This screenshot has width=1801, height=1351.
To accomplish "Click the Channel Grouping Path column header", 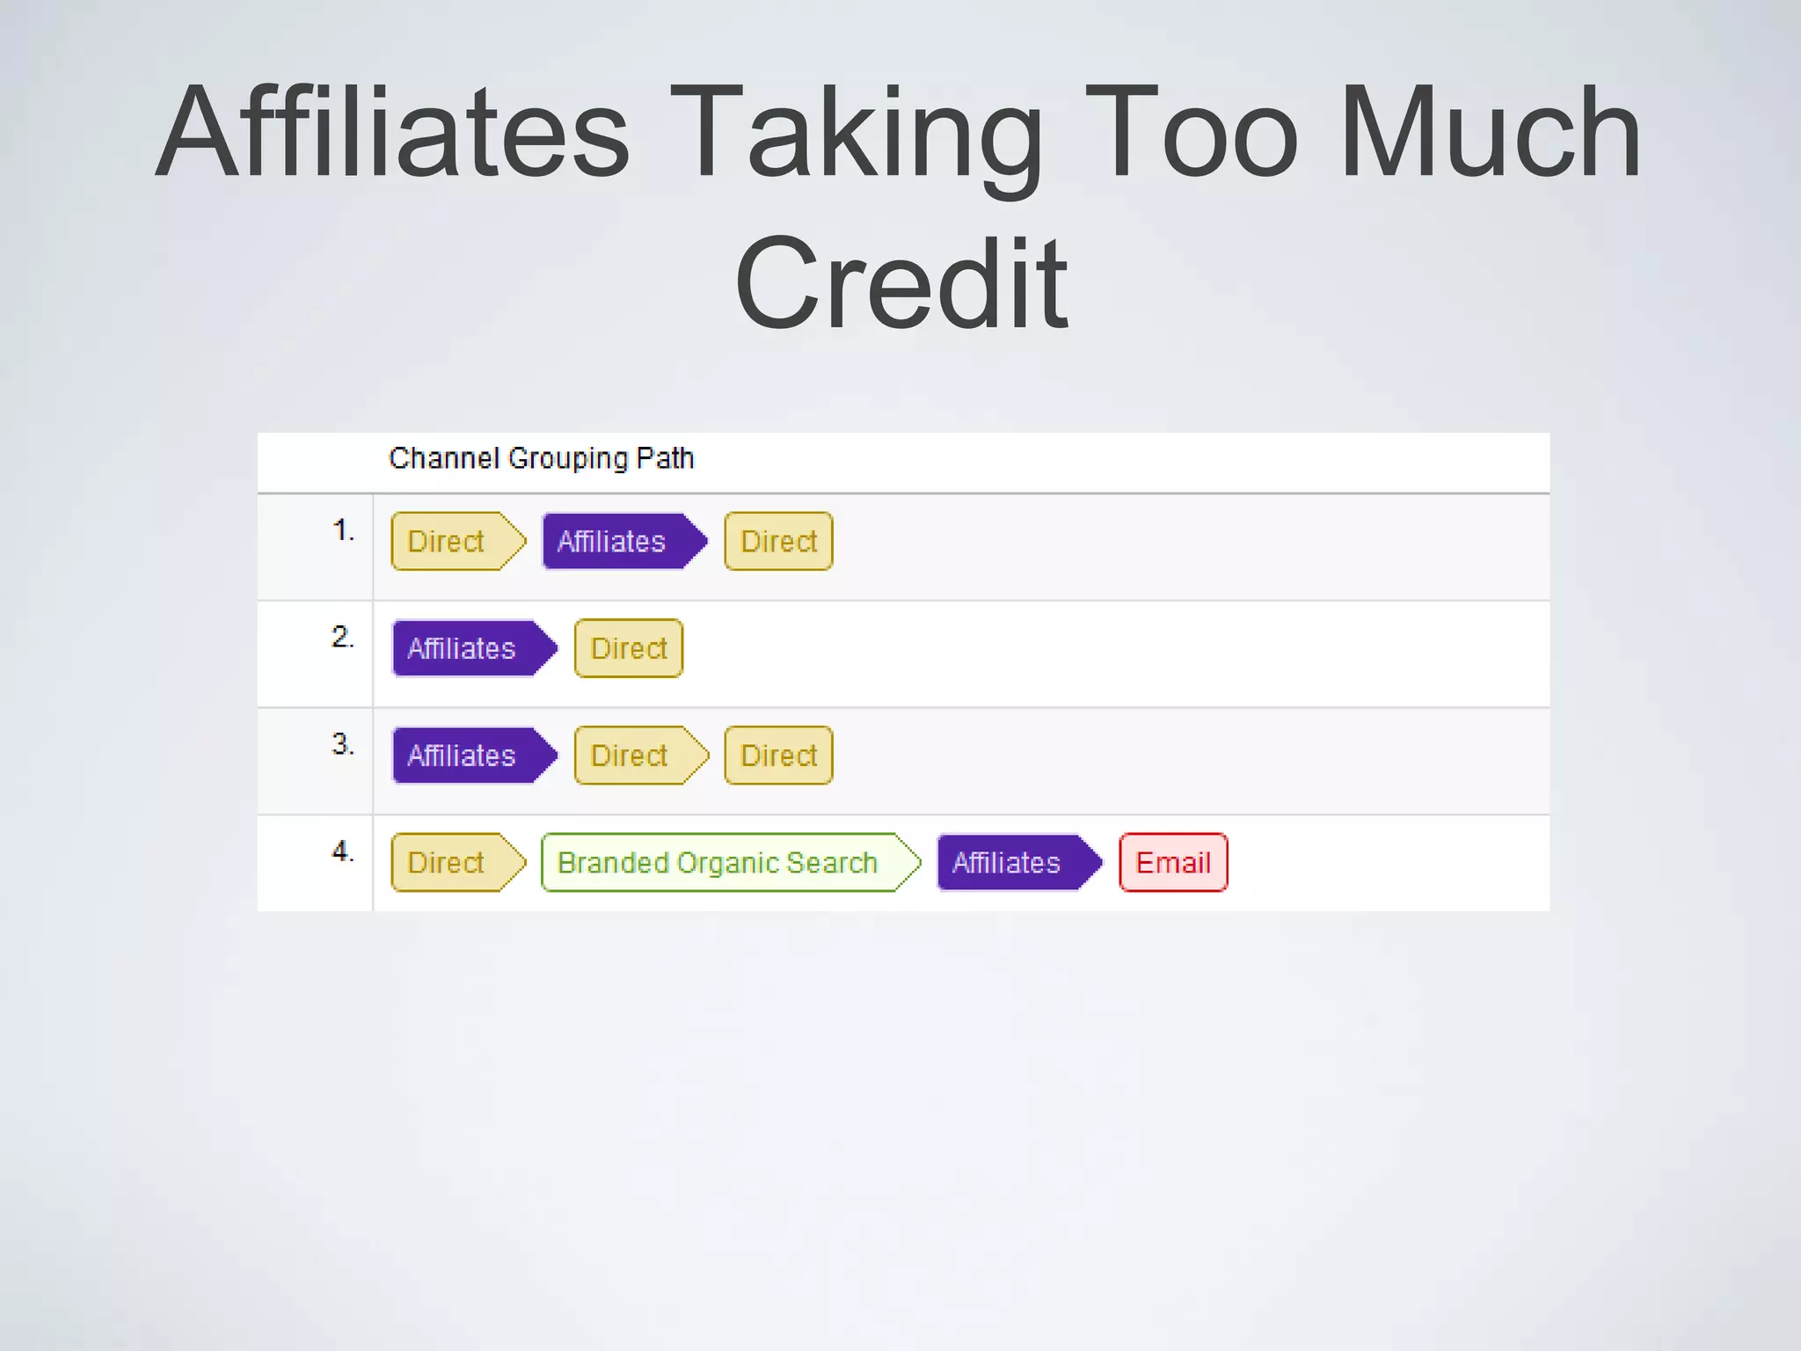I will coord(542,458).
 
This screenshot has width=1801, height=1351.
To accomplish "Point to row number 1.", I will coord(343,530).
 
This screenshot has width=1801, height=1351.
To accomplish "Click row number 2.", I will coord(343,637).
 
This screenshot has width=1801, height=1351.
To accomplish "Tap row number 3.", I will coord(343,744).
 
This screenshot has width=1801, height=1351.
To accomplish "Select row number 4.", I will coord(343,851).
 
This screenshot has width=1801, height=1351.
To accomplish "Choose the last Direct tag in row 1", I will coord(778,541).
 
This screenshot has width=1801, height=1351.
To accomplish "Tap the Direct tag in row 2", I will coord(629,648).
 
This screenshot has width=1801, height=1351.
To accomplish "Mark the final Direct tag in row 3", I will coord(778,756).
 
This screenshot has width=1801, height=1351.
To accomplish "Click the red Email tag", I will coord(1173,863).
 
